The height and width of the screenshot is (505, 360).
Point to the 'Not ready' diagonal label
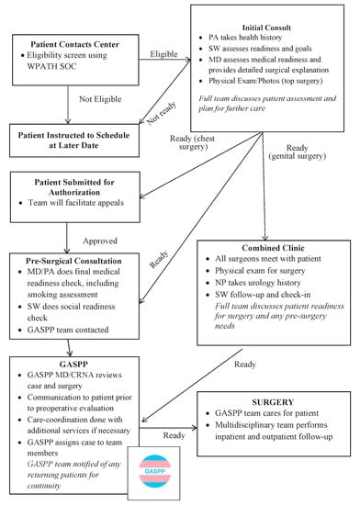point(171,103)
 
